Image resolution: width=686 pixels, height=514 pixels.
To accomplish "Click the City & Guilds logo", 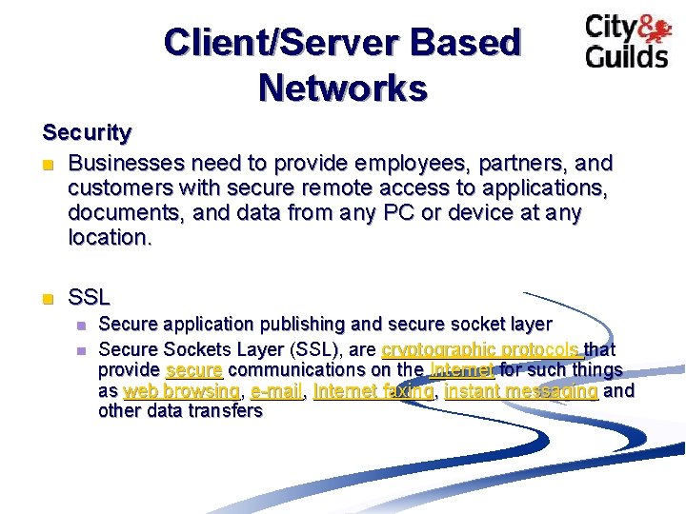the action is [x=626, y=41].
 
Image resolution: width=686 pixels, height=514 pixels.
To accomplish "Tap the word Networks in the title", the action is [x=342, y=89].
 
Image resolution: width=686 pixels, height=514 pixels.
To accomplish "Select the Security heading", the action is [x=87, y=132].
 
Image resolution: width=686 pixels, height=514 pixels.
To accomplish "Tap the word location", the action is [x=109, y=238].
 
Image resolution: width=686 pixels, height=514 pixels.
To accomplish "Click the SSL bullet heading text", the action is [x=90, y=297].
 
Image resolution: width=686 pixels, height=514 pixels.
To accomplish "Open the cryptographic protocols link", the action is [x=480, y=348].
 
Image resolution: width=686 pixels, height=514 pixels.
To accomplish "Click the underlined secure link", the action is [x=193, y=369].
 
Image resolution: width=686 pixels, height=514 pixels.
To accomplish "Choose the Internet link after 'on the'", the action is [x=462, y=369].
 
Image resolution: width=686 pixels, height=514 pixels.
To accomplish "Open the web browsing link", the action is [x=181, y=390].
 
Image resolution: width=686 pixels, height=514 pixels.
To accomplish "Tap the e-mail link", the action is [x=276, y=390].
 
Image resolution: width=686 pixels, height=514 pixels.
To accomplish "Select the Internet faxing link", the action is [x=373, y=390].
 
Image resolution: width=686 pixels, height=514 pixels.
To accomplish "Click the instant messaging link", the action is [x=521, y=390].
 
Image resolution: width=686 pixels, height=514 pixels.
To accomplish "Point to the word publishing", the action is [x=276, y=325].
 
